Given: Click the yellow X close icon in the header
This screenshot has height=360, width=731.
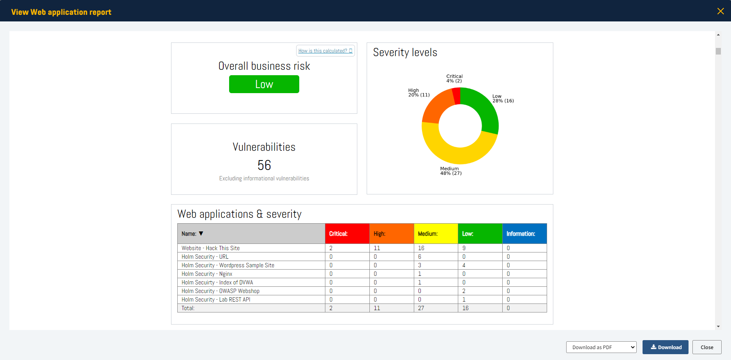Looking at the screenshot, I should click(x=720, y=11).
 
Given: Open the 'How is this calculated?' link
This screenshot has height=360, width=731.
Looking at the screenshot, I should click(x=325, y=51).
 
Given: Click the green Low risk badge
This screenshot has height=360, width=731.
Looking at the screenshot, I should click(x=264, y=84).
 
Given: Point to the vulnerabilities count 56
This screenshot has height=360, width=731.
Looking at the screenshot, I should click(x=264, y=165).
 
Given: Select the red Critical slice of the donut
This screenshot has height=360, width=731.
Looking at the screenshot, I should click(x=456, y=96).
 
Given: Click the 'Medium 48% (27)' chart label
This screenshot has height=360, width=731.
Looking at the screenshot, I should click(x=451, y=171).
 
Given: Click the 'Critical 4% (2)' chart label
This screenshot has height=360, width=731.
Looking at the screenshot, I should click(x=454, y=79).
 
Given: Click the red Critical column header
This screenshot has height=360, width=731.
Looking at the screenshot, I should click(x=347, y=234).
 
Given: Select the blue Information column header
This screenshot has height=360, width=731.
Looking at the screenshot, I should click(x=524, y=234).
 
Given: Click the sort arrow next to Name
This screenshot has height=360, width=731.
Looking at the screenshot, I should click(x=201, y=234).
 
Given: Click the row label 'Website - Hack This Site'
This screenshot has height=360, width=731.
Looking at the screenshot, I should click(x=210, y=248).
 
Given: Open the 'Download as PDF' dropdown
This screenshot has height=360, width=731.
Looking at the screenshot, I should click(x=601, y=347).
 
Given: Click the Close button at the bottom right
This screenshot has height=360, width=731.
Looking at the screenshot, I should click(x=706, y=347).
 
